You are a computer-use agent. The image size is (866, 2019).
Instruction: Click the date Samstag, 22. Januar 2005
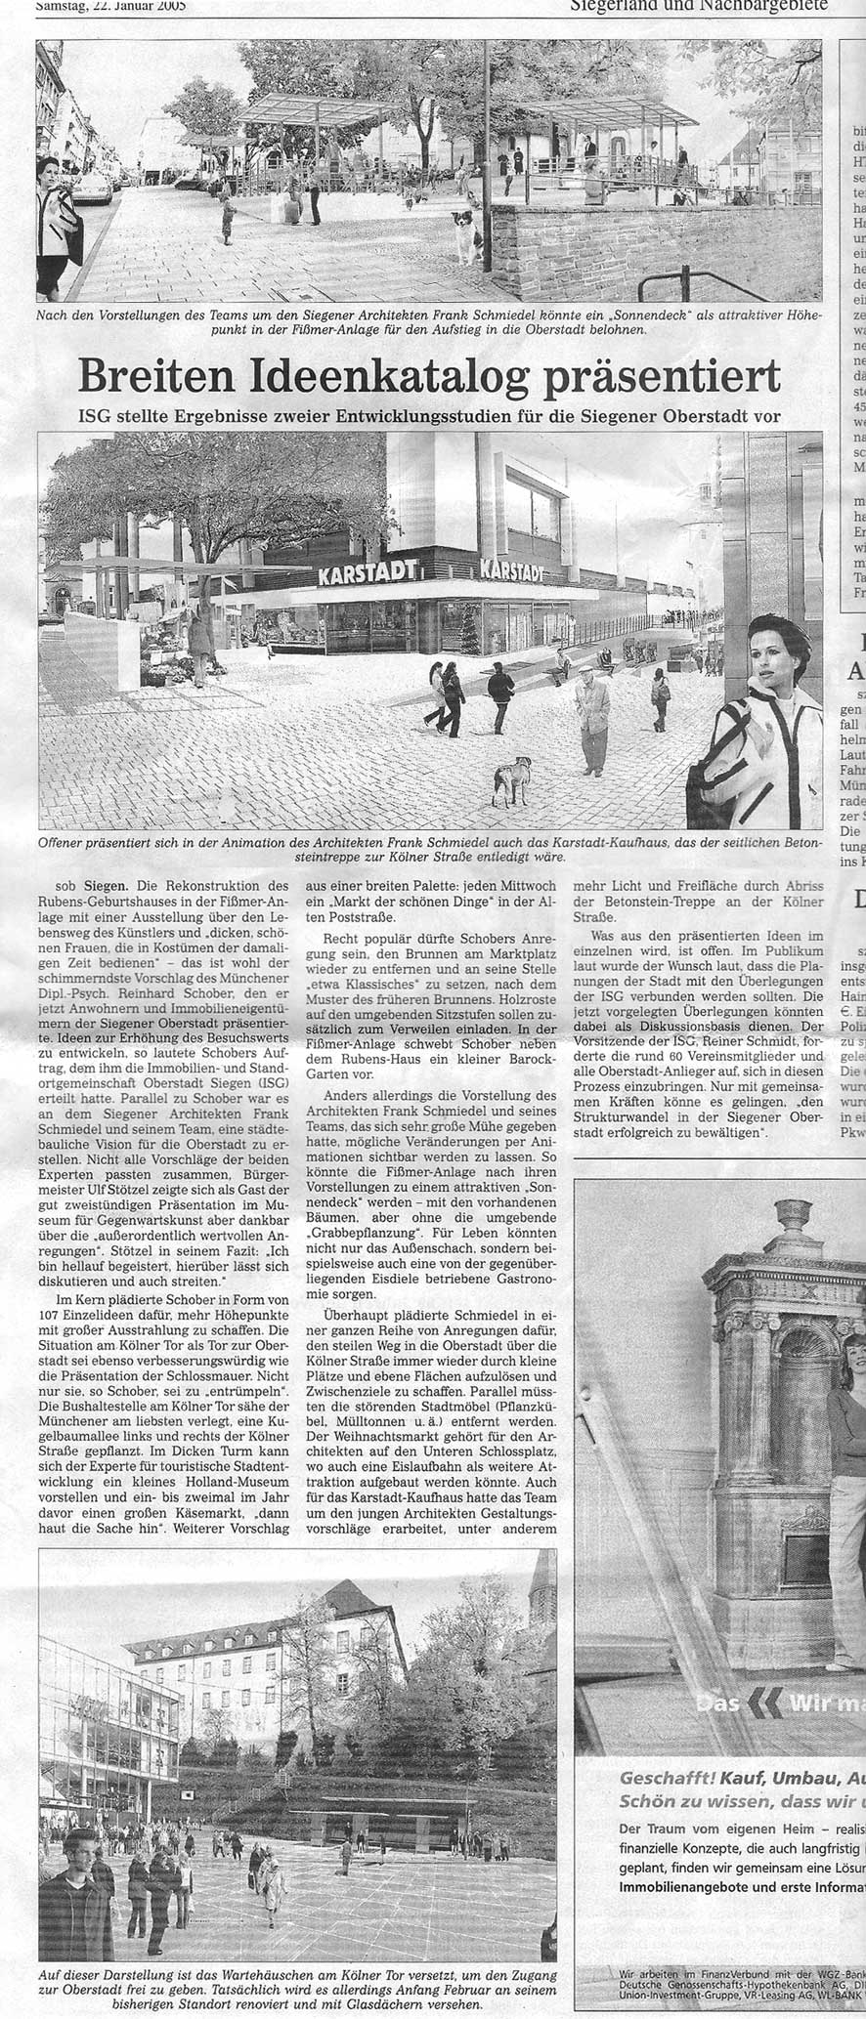(111, 5)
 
